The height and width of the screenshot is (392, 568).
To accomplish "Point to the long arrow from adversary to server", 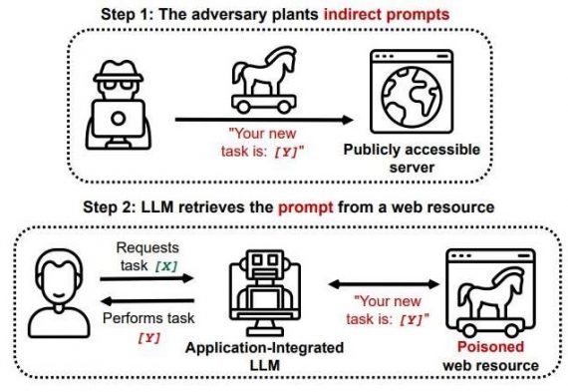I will pyautogui.click(x=264, y=121).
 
